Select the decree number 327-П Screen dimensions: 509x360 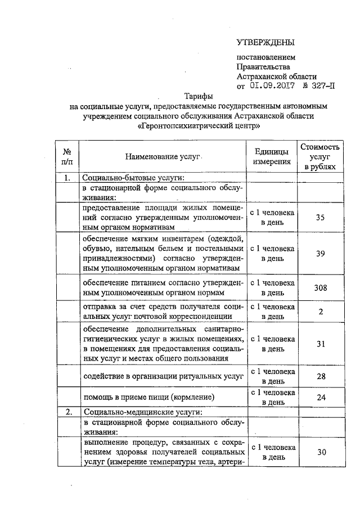coord(321,86)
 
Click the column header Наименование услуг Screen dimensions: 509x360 coord(164,156)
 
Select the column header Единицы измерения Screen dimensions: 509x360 coord(272,156)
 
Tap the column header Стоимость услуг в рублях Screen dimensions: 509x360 coord(320,156)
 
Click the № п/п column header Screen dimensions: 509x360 coord(67,156)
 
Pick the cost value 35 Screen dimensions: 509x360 coord(320,218)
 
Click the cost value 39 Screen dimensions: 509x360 coord(320,254)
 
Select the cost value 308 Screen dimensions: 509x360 coord(320,288)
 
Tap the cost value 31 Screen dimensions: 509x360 coord(320,344)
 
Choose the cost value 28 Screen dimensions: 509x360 coord(320,376)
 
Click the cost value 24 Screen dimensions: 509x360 coord(320,397)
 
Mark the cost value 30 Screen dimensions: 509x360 coord(320,452)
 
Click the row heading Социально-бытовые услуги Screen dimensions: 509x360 coord(130,179)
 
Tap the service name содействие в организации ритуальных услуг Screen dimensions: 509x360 coord(163,376)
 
